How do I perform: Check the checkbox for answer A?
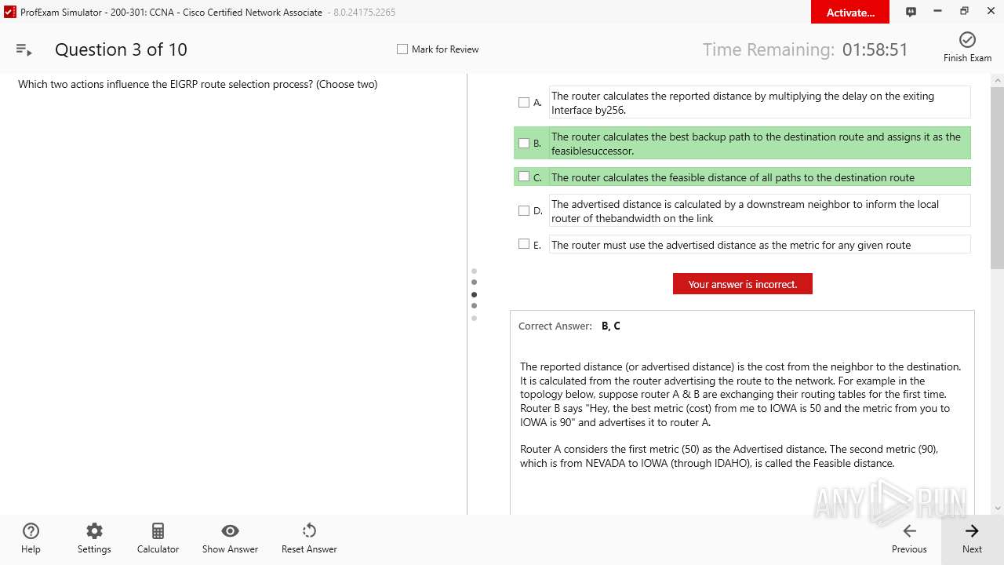coord(524,102)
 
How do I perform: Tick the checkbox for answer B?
coord(524,143)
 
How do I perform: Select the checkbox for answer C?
coord(524,177)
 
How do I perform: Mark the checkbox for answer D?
coord(524,210)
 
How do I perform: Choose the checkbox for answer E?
coord(524,244)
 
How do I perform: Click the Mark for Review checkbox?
coord(402,49)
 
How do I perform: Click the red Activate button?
coord(850,12)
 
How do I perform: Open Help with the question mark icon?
coord(31,531)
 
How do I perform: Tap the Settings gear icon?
coord(94,531)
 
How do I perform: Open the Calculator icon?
coord(158,531)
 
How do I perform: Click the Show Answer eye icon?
coord(230,531)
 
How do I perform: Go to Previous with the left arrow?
coord(909,531)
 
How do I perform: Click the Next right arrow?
coord(972,531)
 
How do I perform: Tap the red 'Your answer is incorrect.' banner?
coord(742,284)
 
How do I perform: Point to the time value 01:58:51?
coord(875,49)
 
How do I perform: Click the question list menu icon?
coord(24,49)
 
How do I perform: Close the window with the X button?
coord(991,11)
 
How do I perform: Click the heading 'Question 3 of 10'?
coord(121,49)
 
